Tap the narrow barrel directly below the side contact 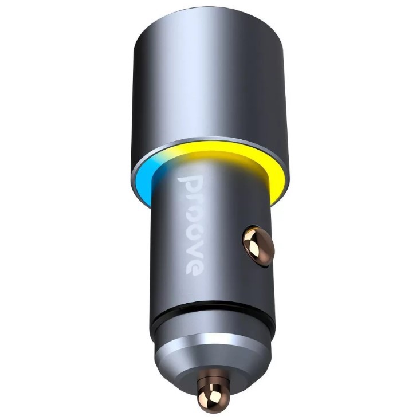tap(252, 281)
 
